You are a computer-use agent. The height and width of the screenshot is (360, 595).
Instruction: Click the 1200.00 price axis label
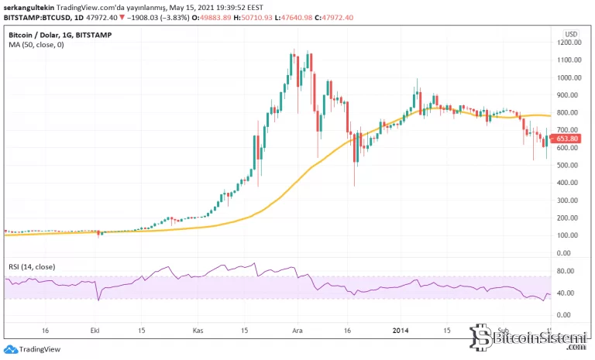569,43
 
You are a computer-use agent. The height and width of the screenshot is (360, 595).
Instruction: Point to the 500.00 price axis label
569,166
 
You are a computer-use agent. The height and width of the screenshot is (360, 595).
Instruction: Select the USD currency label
571,34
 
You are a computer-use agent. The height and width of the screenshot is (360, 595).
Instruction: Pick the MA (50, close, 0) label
36,45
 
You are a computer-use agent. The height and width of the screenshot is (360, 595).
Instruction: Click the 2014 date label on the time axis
401,328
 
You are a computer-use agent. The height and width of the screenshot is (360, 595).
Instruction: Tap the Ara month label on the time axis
297,328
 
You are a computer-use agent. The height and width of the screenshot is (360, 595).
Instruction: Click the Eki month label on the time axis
96,328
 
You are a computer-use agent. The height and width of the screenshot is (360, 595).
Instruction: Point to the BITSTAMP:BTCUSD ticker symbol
35,18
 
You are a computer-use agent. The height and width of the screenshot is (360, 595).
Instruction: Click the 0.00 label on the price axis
569,253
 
